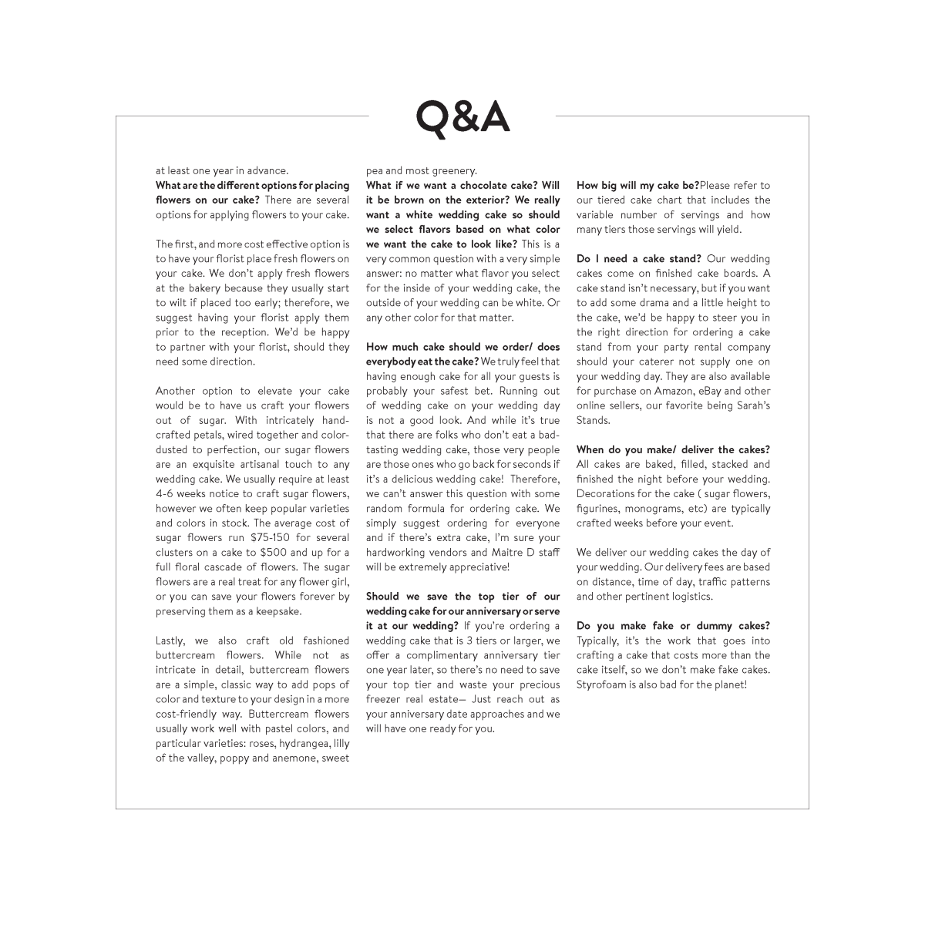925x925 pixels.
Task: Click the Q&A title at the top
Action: tap(462, 117)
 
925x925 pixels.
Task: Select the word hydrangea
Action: tap(294, 743)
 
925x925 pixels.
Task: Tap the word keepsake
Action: tap(277, 611)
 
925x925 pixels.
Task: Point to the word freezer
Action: tap(384, 699)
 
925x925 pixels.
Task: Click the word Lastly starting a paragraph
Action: tap(171, 641)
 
